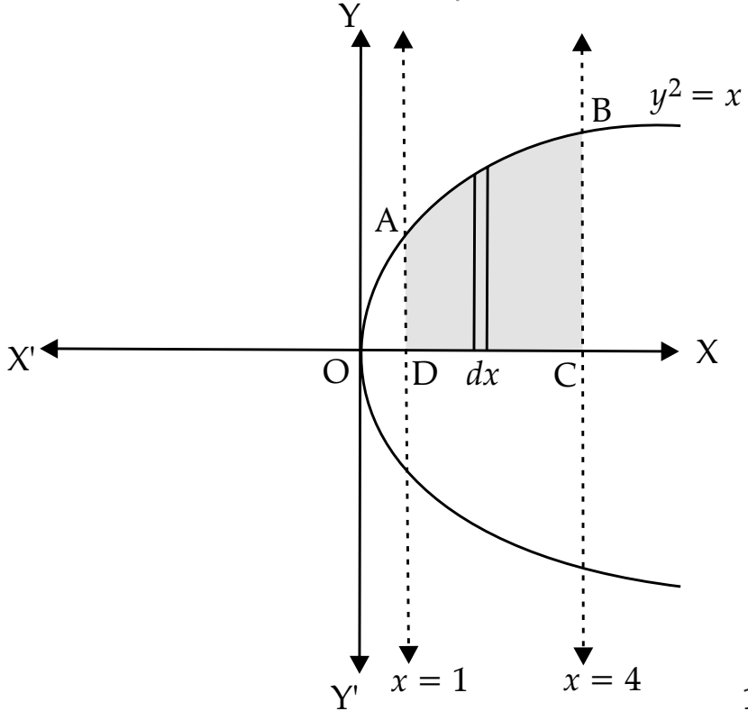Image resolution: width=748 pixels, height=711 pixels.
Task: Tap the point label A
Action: (387, 222)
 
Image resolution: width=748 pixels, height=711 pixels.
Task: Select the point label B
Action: (601, 111)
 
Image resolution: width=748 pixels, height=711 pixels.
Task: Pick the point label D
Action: (424, 374)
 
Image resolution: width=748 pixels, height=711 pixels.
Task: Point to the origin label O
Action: (336, 372)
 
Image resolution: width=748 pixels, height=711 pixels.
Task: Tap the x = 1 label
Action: (429, 680)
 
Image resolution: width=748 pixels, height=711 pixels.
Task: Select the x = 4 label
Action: (602, 680)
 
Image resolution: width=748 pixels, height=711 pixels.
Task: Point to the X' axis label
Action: (22, 359)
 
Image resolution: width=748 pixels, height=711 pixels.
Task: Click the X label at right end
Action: (707, 352)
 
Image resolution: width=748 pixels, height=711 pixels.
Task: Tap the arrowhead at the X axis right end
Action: (670, 351)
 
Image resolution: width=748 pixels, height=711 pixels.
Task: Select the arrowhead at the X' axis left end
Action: (50, 349)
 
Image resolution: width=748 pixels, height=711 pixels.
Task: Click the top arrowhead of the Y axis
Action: (360, 38)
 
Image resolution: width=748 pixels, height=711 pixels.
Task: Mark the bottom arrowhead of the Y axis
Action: (360, 664)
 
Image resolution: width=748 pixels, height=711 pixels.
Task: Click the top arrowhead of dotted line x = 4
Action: (581, 42)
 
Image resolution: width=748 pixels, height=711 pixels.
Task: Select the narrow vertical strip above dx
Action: (480, 259)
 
